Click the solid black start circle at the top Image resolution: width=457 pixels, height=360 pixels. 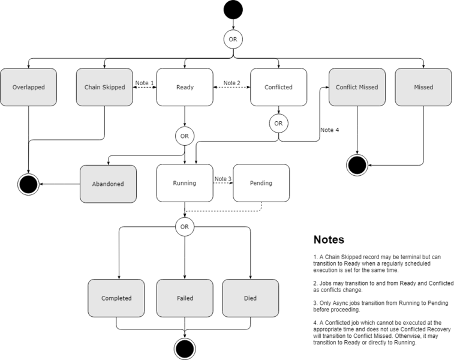233,10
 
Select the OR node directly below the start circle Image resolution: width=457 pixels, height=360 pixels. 233,39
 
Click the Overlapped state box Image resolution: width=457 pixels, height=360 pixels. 28,87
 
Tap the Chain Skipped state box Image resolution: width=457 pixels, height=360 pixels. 105,87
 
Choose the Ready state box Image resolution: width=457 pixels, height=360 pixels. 185,87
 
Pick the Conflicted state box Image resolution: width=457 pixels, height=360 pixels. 278,87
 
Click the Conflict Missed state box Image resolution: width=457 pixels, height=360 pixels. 357,87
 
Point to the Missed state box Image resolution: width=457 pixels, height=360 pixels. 423,87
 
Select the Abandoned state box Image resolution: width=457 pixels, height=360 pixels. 109,184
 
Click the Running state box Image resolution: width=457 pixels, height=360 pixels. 185,183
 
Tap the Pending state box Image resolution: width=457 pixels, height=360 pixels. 261,183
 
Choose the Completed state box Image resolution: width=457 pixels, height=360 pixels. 116,298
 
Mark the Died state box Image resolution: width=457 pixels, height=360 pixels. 250,298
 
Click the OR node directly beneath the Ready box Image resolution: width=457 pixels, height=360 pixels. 185,136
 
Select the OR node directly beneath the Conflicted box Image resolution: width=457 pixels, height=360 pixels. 278,123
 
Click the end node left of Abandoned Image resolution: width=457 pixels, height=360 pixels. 28,184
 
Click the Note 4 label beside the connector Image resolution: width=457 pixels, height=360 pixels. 330,130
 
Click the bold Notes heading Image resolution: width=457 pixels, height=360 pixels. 329,240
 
